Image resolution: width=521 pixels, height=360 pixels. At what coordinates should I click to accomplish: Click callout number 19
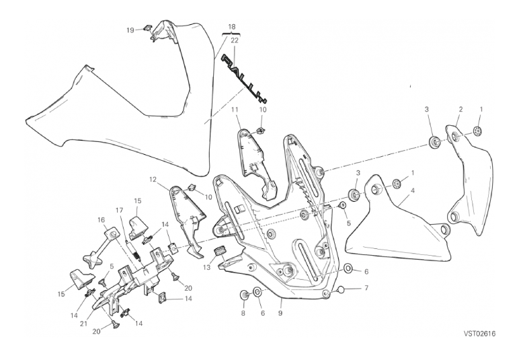[x=130, y=30]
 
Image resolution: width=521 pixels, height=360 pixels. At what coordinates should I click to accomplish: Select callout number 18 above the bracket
[x=232, y=27]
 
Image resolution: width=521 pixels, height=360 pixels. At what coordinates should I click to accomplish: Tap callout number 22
[x=235, y=40]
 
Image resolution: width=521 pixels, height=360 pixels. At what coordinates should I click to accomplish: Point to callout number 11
[x=236, y=109]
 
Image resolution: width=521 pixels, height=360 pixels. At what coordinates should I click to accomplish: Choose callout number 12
[x=153, y=180]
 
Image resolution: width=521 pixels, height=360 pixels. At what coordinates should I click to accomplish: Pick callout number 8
[x=243, y=313]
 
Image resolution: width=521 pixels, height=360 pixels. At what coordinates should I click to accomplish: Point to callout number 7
[x=366, y=289]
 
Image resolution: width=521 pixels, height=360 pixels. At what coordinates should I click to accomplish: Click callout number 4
[x=412, y=190]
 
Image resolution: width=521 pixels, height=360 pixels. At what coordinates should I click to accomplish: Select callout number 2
[x=460, y=109]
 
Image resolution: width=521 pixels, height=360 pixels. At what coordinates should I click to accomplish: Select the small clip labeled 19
[x=148, y=29]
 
